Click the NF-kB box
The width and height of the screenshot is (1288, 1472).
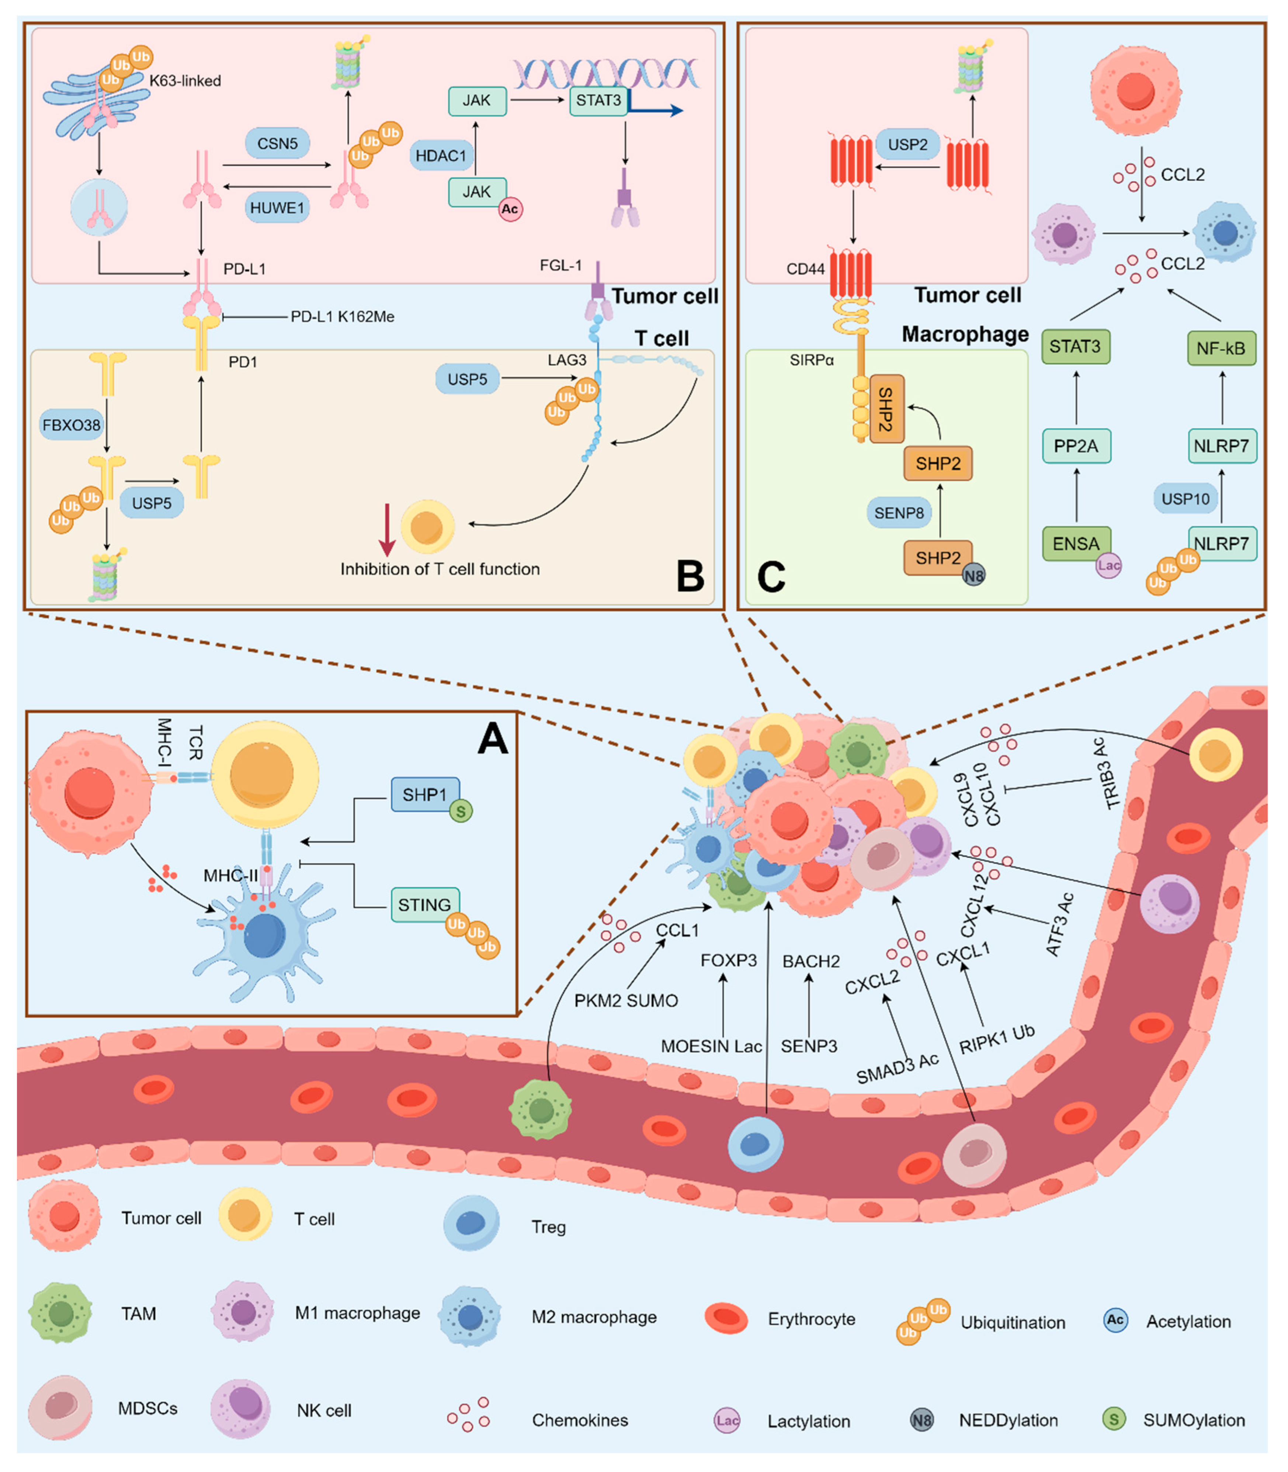[x=1221, y=348]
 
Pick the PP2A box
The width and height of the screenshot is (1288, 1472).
[x=1076, y=446]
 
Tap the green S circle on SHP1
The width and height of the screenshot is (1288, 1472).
[x=461, y=812]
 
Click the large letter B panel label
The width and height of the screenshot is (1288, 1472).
[x=690, y=576]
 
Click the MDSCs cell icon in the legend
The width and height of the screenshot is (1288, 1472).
[x=60, y=1407]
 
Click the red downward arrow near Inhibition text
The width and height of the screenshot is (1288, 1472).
[x=387, y=531]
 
